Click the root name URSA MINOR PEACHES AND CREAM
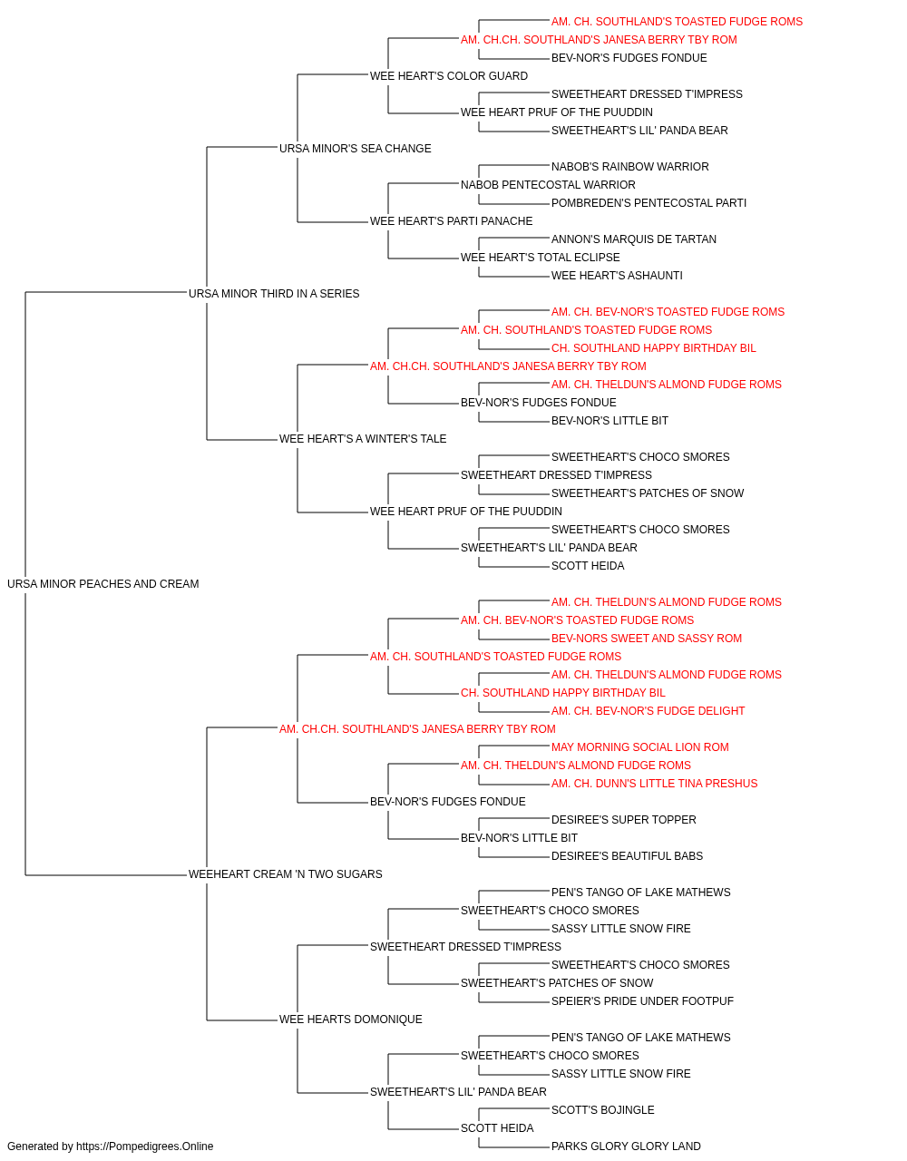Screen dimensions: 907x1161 point(103,584)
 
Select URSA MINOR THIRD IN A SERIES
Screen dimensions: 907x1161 point(274,293)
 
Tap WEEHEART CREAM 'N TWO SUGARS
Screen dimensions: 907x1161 point(285,874)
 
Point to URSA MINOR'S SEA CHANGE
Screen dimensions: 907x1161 point(356,149)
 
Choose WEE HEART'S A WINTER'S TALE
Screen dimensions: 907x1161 point(363,439)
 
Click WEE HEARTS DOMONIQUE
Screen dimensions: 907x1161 point(350,1020)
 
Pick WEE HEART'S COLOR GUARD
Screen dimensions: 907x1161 point(449,76)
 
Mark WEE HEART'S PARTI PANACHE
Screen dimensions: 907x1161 point(452,221)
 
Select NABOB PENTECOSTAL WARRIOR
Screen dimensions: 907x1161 point(548,185)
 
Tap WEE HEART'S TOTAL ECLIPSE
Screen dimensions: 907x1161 point(540,258)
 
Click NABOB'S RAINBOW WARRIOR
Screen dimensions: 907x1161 point(630,167)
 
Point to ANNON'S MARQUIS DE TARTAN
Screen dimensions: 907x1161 point(634,239)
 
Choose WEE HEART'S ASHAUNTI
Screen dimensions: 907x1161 point(617,276)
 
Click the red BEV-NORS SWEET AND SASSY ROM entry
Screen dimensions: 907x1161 point(647,639)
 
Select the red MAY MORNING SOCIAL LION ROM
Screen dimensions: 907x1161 point(640,747)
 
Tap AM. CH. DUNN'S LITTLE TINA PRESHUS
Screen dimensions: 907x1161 point(654,784)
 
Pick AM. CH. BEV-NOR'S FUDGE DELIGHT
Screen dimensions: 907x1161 point(648,711)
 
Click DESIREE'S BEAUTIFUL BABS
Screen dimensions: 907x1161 point(627,856)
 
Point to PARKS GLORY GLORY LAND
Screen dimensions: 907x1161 point(626,1146)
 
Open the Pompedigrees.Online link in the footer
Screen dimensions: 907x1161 point(145,1146)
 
